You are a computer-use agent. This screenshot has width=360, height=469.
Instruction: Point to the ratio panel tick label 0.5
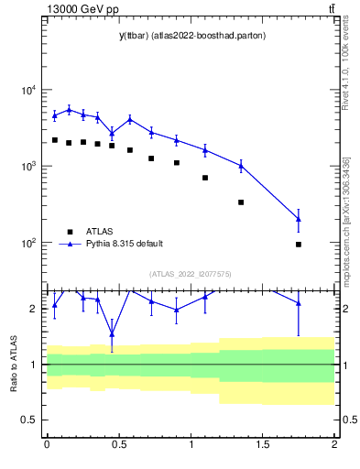31,420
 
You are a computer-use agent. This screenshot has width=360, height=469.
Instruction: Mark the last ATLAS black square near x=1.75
299,245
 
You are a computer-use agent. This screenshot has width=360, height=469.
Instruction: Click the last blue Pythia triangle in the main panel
299,219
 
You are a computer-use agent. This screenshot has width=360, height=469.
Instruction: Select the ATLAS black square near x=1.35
241,202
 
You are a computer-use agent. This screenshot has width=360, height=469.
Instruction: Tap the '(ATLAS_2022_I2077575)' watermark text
191,273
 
